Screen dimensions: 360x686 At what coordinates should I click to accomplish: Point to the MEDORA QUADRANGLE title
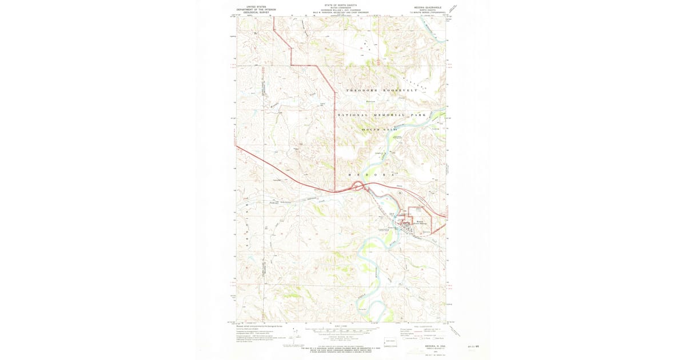pos(425,8)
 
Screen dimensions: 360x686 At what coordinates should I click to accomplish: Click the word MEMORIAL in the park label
pos(390,115)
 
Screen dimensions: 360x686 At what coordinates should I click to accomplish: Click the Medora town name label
pos(421,222)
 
